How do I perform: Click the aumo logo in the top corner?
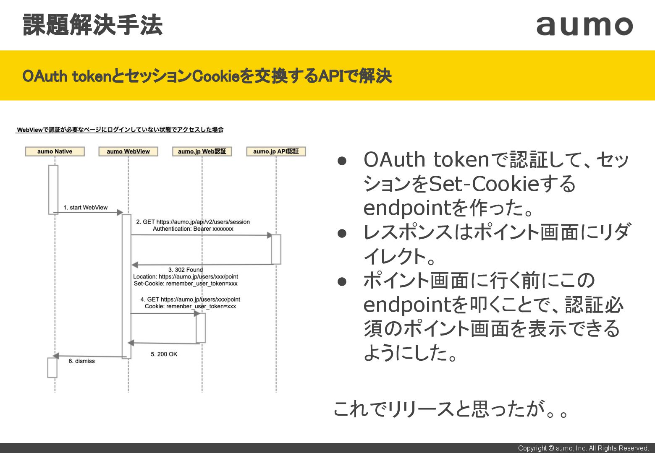584,26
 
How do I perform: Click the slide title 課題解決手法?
92,25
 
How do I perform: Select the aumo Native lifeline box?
55,151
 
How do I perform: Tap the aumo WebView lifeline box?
128,151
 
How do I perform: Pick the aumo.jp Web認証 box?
202,151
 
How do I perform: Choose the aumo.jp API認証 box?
276,151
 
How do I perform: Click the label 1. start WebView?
86,208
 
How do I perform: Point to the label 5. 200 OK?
164,354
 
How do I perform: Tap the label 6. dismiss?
81,361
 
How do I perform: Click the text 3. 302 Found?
186,270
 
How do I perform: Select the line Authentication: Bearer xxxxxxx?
193,229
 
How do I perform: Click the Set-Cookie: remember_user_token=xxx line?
186,284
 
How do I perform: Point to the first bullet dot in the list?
342,161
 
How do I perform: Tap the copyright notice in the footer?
583,448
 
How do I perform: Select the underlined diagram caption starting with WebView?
120,130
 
